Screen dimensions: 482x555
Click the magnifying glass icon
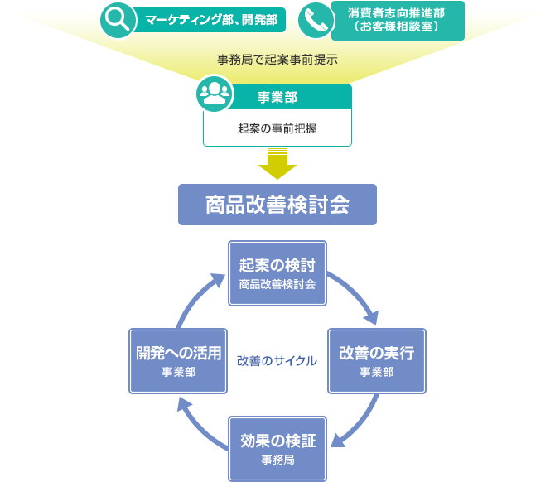[118, 20]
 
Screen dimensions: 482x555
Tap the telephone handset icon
[315, 20]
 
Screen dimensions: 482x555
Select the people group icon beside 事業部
[214, 94]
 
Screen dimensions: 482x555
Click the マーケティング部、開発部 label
[211, 20]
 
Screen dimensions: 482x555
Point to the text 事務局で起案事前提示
[277, 60]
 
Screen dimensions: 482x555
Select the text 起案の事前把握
[277, 128]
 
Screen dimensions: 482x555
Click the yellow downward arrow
[277, 163]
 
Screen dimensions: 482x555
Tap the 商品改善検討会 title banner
[277, 205]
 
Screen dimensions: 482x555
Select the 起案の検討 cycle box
[277, 272]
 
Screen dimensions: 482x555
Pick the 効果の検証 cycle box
[277, 448]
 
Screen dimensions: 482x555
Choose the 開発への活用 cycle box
[178, 360]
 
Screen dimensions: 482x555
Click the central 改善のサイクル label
[277, 361]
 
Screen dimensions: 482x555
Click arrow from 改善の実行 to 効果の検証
[361, 423]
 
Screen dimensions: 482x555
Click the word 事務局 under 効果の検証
[277, 460]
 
